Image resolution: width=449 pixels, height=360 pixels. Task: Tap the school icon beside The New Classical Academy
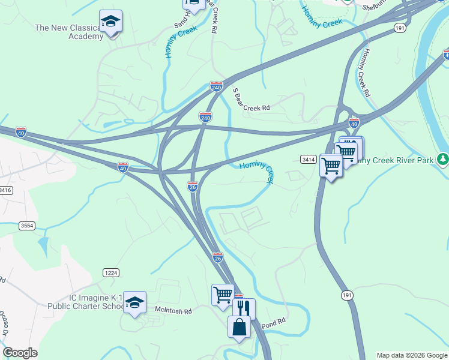(110, 22)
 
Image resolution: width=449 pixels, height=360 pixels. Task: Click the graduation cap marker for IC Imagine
(134, 302)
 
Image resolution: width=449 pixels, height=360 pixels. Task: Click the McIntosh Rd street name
(173, 311)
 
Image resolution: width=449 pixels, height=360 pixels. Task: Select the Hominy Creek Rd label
(364, 71)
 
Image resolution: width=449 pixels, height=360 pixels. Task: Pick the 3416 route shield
(5, 190)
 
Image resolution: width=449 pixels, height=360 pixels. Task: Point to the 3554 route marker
(26, 226)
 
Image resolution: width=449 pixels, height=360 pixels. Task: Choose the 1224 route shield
(110, 272)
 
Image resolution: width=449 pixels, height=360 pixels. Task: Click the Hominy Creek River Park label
(396, 160)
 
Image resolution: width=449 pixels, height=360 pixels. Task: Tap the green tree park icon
(442, 159)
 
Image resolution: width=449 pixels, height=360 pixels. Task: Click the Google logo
(20, 353)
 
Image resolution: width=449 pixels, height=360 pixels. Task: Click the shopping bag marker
(239, 328)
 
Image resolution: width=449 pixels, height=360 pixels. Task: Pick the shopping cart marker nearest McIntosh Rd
(222, 295)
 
